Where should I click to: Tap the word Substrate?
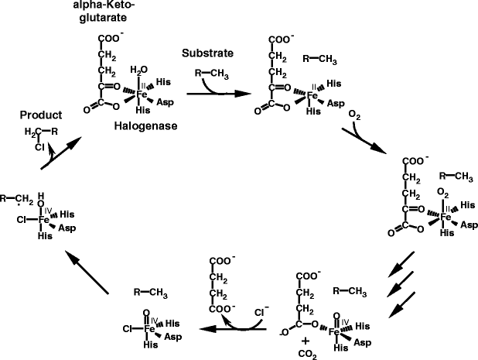click(207, 53)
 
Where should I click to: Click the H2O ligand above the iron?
click(142, 71)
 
